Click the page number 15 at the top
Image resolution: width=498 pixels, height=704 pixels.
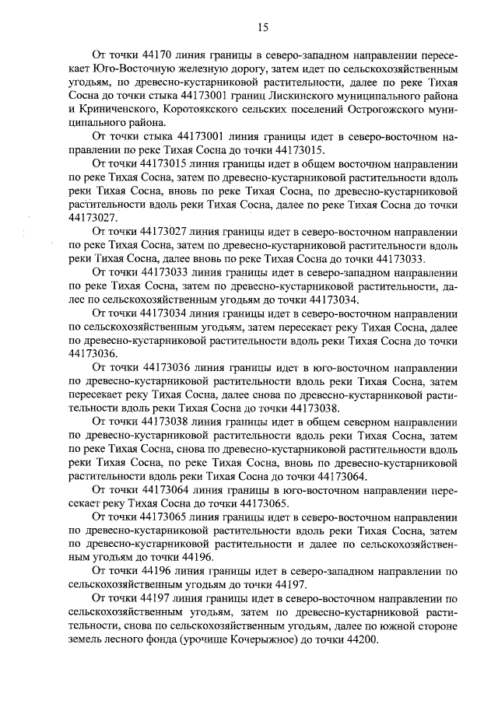(x=262, y=27)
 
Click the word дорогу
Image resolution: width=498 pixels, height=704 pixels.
(x=251, y=70)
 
